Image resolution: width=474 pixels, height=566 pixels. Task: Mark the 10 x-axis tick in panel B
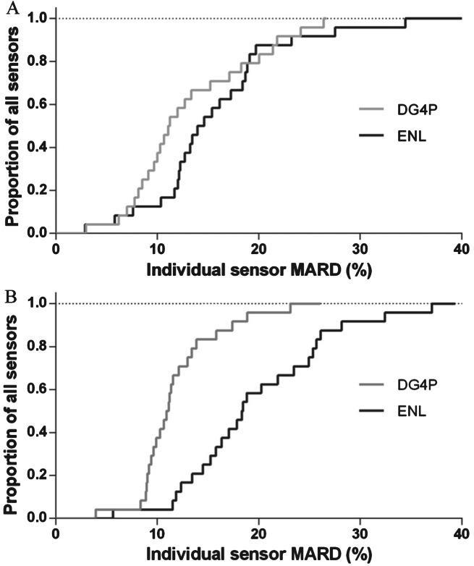pyautogui.click(x=157, y=533)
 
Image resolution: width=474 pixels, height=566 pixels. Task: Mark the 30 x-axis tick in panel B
pyautogui.click(x=360, y=533)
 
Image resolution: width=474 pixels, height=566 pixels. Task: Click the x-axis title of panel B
pyautogui.click(x=258, y=553)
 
